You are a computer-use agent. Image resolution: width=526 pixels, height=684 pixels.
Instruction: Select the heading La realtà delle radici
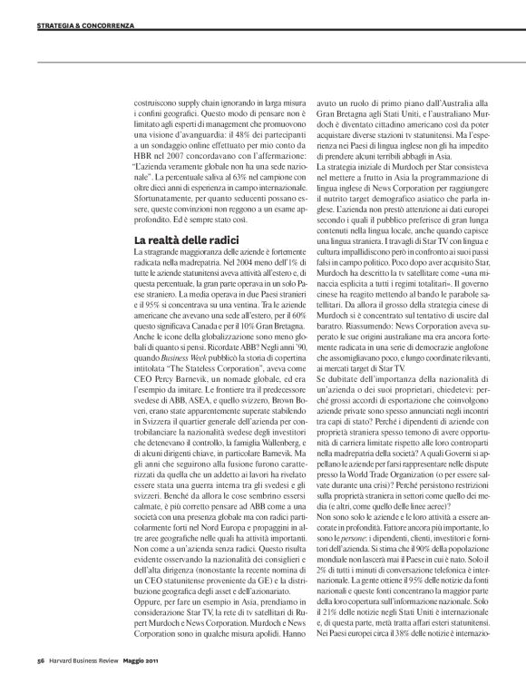pyautogui.click(x=179, y=239)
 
